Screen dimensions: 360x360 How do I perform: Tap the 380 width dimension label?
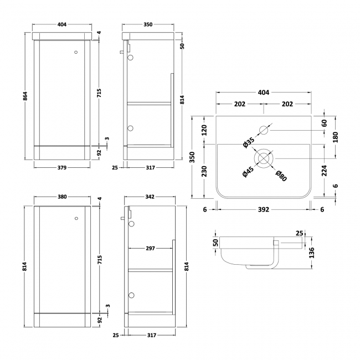(61, 197)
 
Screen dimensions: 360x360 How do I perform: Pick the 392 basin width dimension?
(263, 209)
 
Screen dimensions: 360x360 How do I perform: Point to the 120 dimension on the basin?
(204, 130)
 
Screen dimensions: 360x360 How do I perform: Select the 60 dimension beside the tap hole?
(324, 123)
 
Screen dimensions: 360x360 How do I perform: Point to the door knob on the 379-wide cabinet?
(76, 53)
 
